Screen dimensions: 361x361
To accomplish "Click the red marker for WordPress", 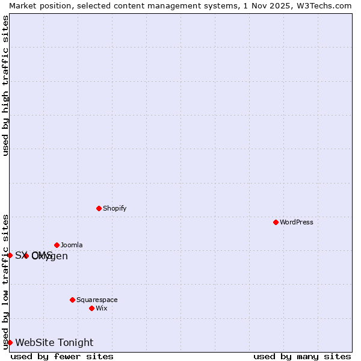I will (276, 222).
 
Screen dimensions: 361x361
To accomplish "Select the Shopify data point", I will (99, 208).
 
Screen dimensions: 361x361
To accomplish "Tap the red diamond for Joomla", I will (57, 245).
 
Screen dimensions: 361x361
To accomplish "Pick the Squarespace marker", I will (72, 300).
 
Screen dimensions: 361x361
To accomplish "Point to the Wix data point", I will (91, 308).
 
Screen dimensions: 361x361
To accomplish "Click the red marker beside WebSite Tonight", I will (10, 342).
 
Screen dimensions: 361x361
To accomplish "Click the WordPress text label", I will (297, 222).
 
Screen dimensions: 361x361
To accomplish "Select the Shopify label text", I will (114, 208).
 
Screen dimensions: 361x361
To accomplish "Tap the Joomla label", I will (72, 245).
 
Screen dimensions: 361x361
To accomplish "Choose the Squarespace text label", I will (97, 300).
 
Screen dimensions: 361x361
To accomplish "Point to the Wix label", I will (102, 308).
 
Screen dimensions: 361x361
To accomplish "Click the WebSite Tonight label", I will (54, 343).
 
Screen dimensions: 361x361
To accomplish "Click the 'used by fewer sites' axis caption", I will (62, 356).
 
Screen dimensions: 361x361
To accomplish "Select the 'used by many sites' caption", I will (302, 356).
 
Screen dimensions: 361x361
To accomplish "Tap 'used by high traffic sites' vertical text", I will (6, 85).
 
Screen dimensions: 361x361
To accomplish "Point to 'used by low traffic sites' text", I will (6, 282).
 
